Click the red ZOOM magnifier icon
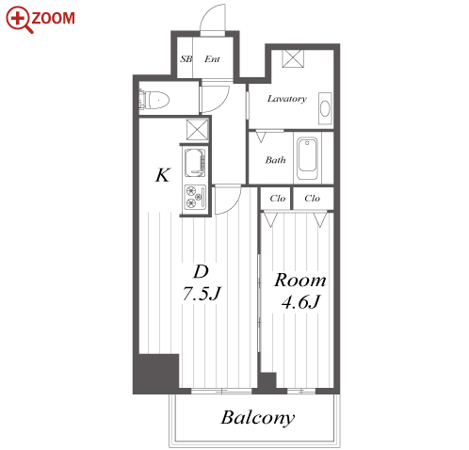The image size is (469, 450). pyautogui.click(x=19, y=20)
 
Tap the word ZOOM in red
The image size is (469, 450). pyautogui.click(x=53, y=18)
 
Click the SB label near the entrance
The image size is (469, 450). pyautogui.click(x=186, y=58)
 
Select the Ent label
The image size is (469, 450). pyautogui.click(x=212, y=58)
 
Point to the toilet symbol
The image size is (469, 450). pyautogui.click(x=154, y=100)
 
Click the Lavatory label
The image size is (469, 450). pyautogui.click(x=287, y=99)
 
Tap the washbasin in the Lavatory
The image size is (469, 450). pyautogui.click(x=325, y=108)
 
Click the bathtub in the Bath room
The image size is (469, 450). pyautogui.click(x=307, y=159)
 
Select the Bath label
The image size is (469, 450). pyautogui.click(x=275, y=160)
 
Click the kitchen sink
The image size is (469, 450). pyautogui.click(x=195, y=163)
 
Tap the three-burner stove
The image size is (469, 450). pyautogui.click(x=195, y=197)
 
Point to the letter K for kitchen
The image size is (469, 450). pyautogui.click(x=163, y=175)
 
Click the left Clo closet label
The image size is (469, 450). pyautogui.click(x=278, y=199)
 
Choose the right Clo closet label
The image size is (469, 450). pyautogui.click(x=312, y=199)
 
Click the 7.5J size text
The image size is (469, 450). pyautogui.click(x=202, y=294)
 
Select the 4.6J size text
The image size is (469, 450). pyautogui.click(x=300, y=302)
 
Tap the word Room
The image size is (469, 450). pyautogui.click(x=300, y=281)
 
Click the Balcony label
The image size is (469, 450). pyautogui.click(x=258, y=418)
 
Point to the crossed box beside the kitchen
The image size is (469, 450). pyautogui.click(x=198, y=130)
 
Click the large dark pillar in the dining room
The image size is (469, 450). pyautogui.click(x=156, y=374)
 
